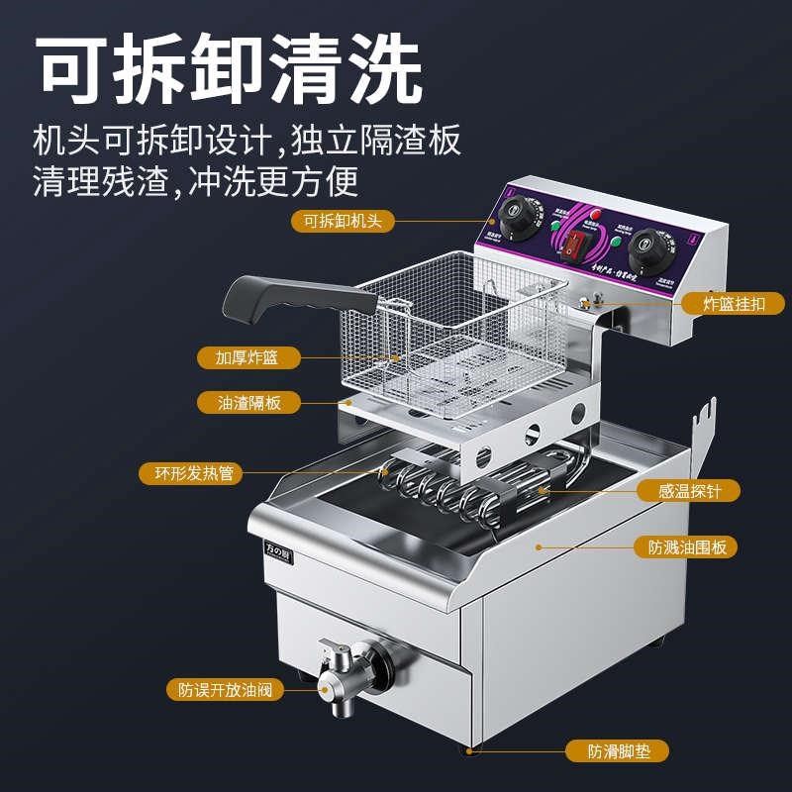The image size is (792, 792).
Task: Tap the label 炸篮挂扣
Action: point(733,304)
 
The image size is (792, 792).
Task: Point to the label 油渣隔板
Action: point(249,403)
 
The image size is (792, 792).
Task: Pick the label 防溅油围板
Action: point(693,546)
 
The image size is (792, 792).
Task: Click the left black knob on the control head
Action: point(516,215)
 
